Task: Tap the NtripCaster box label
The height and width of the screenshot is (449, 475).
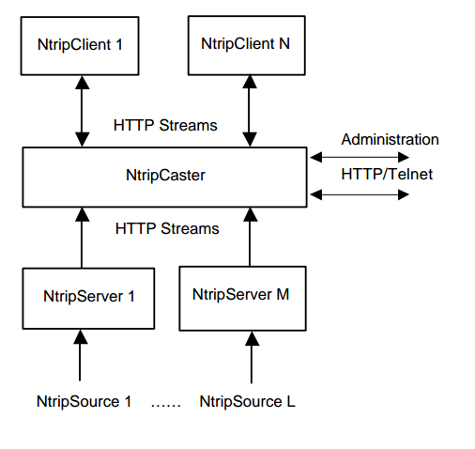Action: tap(164, 175)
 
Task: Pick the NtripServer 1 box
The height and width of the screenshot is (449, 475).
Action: tap(89, 297)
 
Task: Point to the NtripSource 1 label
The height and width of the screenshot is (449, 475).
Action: tap(81, 401)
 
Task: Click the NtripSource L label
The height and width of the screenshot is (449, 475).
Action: tap(248, 401)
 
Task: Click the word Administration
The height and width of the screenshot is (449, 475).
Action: tap(390, 139)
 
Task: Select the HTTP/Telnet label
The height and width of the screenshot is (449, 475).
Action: tap(386, 175)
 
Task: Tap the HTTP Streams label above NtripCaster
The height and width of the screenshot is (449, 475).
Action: tap(166, 124)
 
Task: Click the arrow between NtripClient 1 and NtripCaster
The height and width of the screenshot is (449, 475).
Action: tap(82, 111)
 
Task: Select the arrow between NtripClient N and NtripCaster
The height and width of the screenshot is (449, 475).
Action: tap(250, 111)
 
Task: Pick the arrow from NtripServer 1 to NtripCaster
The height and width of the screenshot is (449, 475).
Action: tap(82, 238)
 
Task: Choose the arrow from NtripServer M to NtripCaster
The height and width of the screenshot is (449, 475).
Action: tap(250, 238)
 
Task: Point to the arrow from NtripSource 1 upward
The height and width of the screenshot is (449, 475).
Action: tap(82, 354)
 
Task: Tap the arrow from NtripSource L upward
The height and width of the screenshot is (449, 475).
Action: tap(250, 354)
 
